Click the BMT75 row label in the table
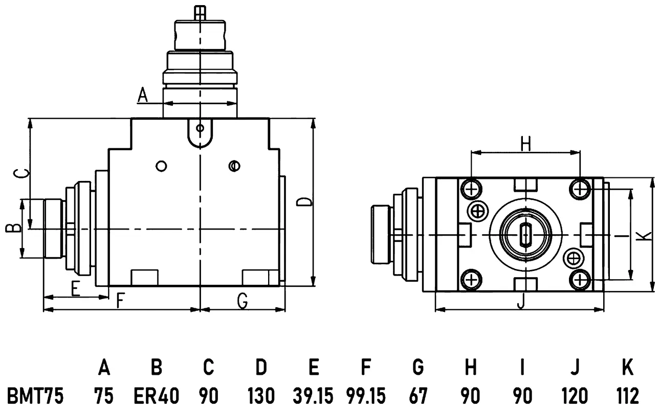(x=35, y=396)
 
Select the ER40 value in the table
(x=157, y=396)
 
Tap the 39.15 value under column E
(x=313, y=396)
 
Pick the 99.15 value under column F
(x=366, y=396)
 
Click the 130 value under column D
(x=261, y=396)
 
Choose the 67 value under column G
(x=418, y=396)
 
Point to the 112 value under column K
(x=628, y=396)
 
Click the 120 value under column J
(x=575, y=396)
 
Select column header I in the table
(x=522, y=367)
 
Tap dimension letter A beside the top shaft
(x=143, y=95)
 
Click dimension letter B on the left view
(x=13, y=228)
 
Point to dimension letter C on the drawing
(x=22, y=174)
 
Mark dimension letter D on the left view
(x=303, y=202)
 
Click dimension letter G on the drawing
(x=243, y=301)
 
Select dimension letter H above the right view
(x=525, y=143)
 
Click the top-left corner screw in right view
(x=471, y=189)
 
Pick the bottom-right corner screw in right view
(x=580, y=280)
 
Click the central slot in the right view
(x=525, y=235)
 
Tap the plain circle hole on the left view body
(x=161, y=166)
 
